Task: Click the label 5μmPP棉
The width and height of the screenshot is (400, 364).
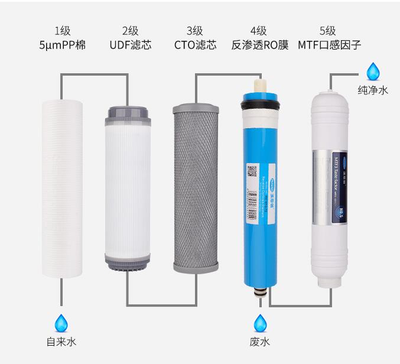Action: [62, 45]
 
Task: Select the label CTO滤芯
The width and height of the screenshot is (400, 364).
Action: [195, 45]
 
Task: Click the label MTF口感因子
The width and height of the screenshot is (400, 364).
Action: [329, 45]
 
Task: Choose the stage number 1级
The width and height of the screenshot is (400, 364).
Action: [62, 30]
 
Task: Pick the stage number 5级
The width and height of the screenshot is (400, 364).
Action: [328, 30]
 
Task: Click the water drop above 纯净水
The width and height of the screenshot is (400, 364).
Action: [373, 71]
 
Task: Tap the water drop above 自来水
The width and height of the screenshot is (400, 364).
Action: [61, 323]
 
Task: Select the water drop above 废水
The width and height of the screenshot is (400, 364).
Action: [260, 323]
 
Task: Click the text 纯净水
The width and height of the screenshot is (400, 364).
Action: [373, 90]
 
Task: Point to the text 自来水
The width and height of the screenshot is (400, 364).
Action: [61, 342]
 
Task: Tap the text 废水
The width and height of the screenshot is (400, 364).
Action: [260, 342]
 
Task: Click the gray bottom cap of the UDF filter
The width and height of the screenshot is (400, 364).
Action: [128, 261]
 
